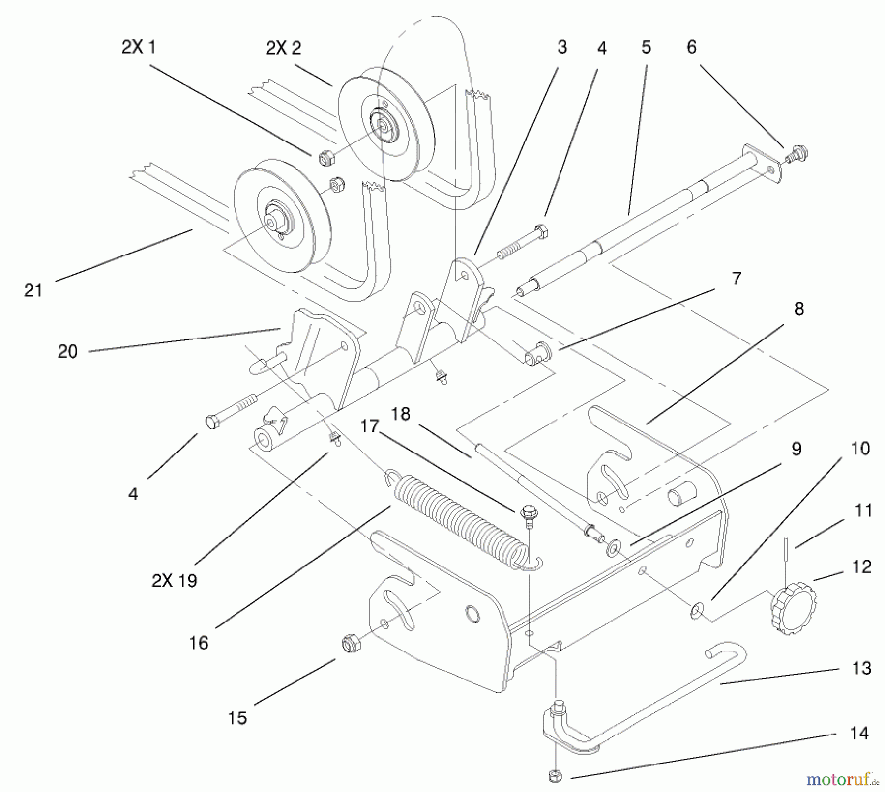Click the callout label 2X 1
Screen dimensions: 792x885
click(139, 48)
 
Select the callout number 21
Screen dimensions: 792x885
click(33, 290)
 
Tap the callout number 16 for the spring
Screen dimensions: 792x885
click(199, 642)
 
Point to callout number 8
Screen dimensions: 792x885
click(798, 309)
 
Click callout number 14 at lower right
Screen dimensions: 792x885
click(859, 733)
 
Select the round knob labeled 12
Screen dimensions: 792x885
click(793, 609)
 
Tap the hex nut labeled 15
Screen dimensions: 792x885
click(350, 643)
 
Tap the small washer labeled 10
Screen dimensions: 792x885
click(695, 611)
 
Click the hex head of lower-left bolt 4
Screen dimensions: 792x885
click(212, 422)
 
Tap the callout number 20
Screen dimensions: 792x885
click(67, 351)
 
